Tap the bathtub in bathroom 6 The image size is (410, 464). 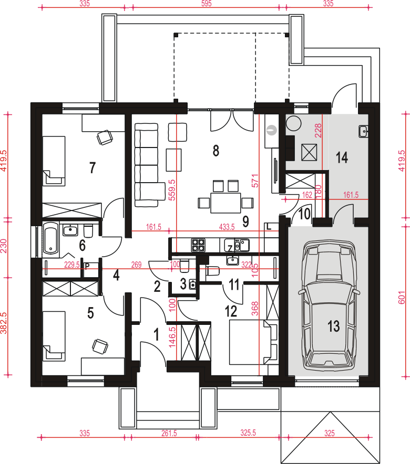[x=51, y=238]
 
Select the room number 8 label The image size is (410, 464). [x=216, y=151]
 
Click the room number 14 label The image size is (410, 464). [x=342, y=157]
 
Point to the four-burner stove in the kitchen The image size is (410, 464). [x=198, y=245]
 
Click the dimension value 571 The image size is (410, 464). [x=255, y=181]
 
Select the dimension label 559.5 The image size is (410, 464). [x=172, y=190]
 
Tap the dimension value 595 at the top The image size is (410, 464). [x=207, y=4]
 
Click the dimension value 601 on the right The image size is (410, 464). [x=402, y=298]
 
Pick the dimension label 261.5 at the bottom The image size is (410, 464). [x=169, y=433]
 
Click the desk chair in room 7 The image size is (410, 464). [x=105, y=138]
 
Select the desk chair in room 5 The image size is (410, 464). [x=100, y=346]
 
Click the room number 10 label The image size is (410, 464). [x=304, y=214]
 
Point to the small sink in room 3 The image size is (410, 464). [x=193, y=284]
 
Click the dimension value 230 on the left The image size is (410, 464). [x=4, y=246]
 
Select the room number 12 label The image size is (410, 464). [x=231, y=311]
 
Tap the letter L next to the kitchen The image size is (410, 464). [x=269, y=227]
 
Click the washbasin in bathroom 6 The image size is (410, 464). [x=70, y=230]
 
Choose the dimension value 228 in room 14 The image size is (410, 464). [x=318, y=131]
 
